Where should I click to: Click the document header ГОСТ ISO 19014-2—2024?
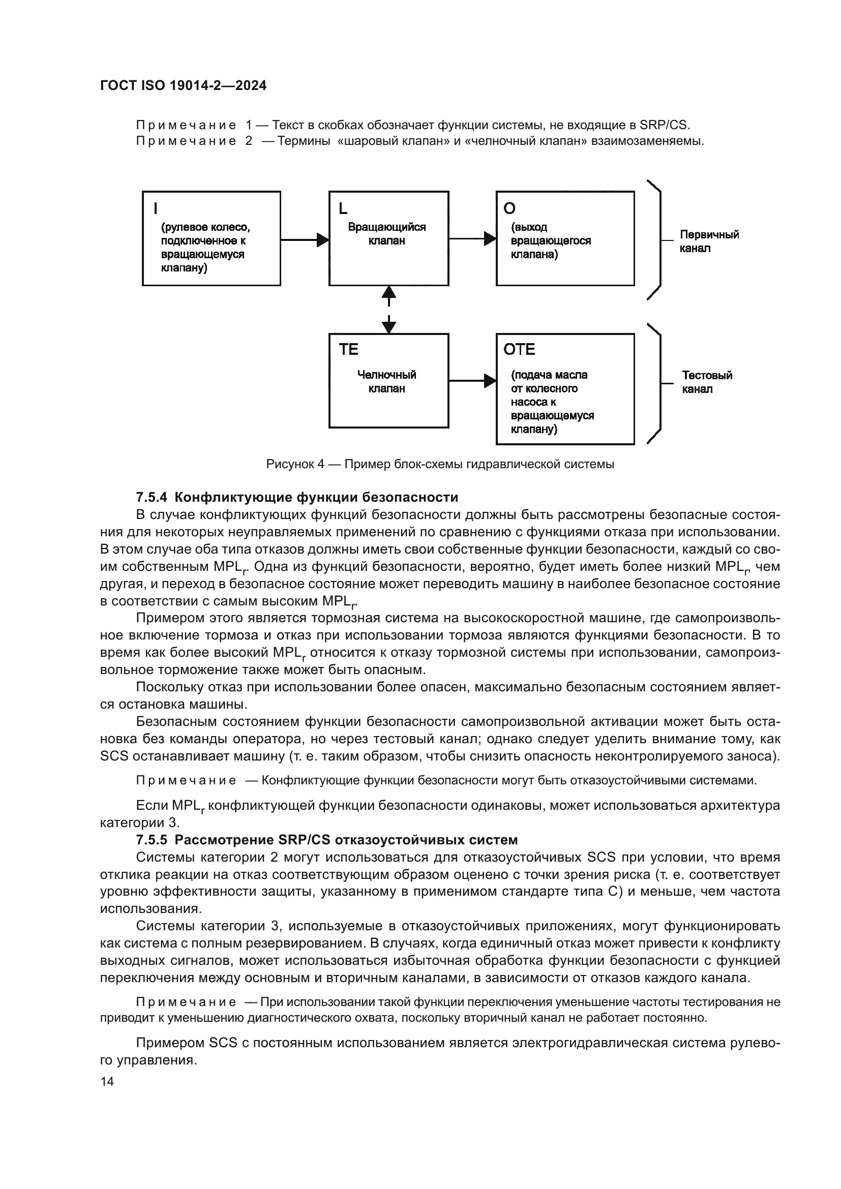pyautogui.click(x=183, y=86)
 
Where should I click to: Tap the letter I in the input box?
pyautogui.click(x=156, y=209)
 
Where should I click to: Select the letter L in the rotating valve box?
pyautogui.click(x=343, y=209)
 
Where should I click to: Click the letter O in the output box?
pyautogui.click(x=509, y=208)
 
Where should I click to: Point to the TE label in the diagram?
pyautogui.click(x=348, y=350)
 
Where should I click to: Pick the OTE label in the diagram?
pyautogui.click(x=519, y=350)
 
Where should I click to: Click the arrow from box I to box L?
pyautogui.click(x=305, y=239)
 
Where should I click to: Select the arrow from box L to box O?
pyautogui.click(x=472, y=239)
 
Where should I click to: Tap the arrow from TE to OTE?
pyautogui.click(x=472, y=381)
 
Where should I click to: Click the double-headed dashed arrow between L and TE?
pyautogui.click(x=388, y=310)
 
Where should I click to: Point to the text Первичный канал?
pyautogui.click(x=708, y=241)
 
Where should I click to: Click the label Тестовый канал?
pyautogui.click(x=706, y=382)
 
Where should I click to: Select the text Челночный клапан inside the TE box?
pyautogui.click(x=386, y=382)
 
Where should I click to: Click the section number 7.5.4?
pyautogui.click(x=151, y=498)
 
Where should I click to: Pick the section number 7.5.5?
pyautogui.click(x=151, y=840)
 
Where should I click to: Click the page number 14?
pyautogui.click(x=107, y=1081)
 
